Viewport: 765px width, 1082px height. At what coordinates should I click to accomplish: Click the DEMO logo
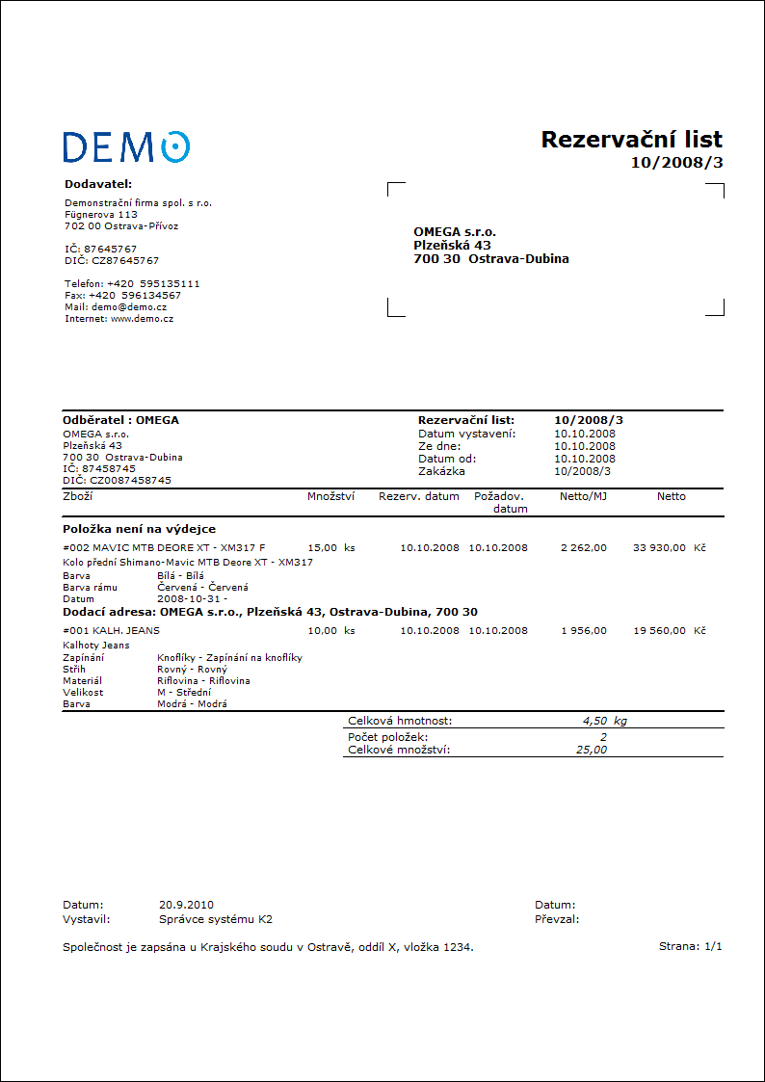tap(126, 146)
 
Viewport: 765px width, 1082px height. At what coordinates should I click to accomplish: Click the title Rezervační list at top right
tap(631, 140)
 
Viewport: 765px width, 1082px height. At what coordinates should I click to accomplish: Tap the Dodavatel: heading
tap(97, 183)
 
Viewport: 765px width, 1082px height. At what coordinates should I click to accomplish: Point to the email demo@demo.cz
tap(129, 306)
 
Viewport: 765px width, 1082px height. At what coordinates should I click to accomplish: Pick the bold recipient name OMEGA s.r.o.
tap(455, 232)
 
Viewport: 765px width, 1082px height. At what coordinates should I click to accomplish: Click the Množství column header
tap(330, 496)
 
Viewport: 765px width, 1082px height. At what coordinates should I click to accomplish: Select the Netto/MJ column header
tap(583, 496)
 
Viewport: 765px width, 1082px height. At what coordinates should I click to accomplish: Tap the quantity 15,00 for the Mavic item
tap(322, 547)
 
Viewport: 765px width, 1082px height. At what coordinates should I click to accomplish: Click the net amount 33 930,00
tap(659, 547)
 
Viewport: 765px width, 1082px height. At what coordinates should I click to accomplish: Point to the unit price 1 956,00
tap(584, 630)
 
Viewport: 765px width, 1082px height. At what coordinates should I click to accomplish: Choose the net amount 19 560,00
tap(659, 630)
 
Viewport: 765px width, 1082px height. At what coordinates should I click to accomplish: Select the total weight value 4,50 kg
tap(605, 720)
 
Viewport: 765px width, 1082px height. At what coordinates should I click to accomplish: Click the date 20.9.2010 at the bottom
tap(186, 905)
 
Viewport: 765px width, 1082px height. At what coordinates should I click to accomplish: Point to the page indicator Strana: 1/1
tap(690, 946)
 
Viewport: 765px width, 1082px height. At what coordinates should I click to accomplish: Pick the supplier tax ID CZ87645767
tap(125, 260)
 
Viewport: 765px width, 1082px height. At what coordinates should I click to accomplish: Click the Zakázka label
tap(441, 471)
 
